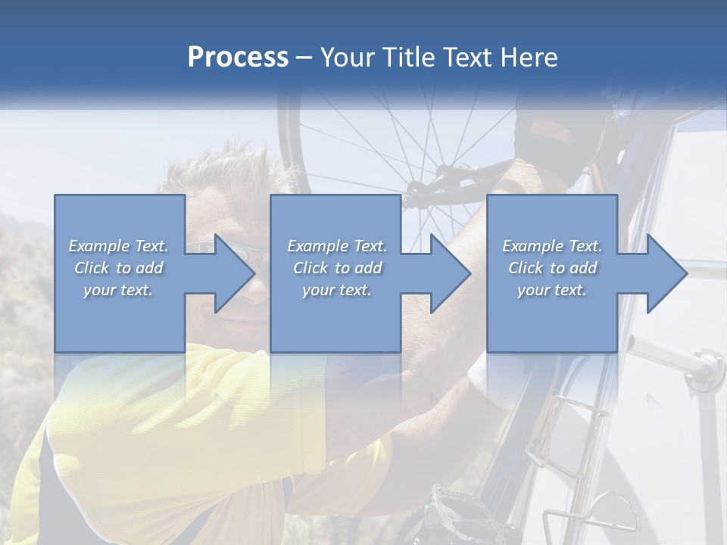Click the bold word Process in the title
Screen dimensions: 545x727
pyautogui.click(x=238, y=58)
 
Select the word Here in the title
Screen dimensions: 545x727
pyautogui.click(x=529, y=58)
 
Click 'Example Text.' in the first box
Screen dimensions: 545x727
pyautogui.click(x=119, y=246)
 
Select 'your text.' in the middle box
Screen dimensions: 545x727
pyautogui.click(x=336, y=290)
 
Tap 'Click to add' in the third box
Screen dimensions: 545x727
pyautogui.click(x=552, y=268)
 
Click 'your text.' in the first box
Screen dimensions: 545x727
pyautogui.click(x=119, y=290)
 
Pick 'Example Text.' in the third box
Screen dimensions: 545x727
pyautogui.click(x=552, y=246)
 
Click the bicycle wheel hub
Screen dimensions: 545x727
pyautogui.click(x=415, y=189)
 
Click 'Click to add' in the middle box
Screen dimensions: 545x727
pyautogui.click(x=336, y=268)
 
